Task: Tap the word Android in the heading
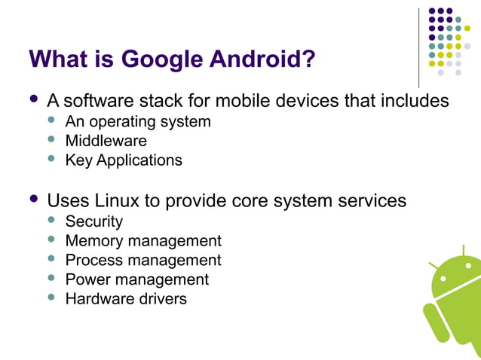tap(257, 58)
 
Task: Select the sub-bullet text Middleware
tap(106, 140)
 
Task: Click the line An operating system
tap(138, 121)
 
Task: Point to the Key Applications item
tap(124, 160)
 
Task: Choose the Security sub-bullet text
tap(93, 221)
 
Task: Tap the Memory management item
tap(143, 241)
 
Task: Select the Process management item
tap(143, 261)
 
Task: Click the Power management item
tap(136, 279)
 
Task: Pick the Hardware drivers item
tap(126, 299)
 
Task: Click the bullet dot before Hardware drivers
tap(51, 297)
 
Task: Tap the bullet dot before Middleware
tap(51, 139)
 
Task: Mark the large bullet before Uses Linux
tap(33, 200)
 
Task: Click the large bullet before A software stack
tap(33, 99)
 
